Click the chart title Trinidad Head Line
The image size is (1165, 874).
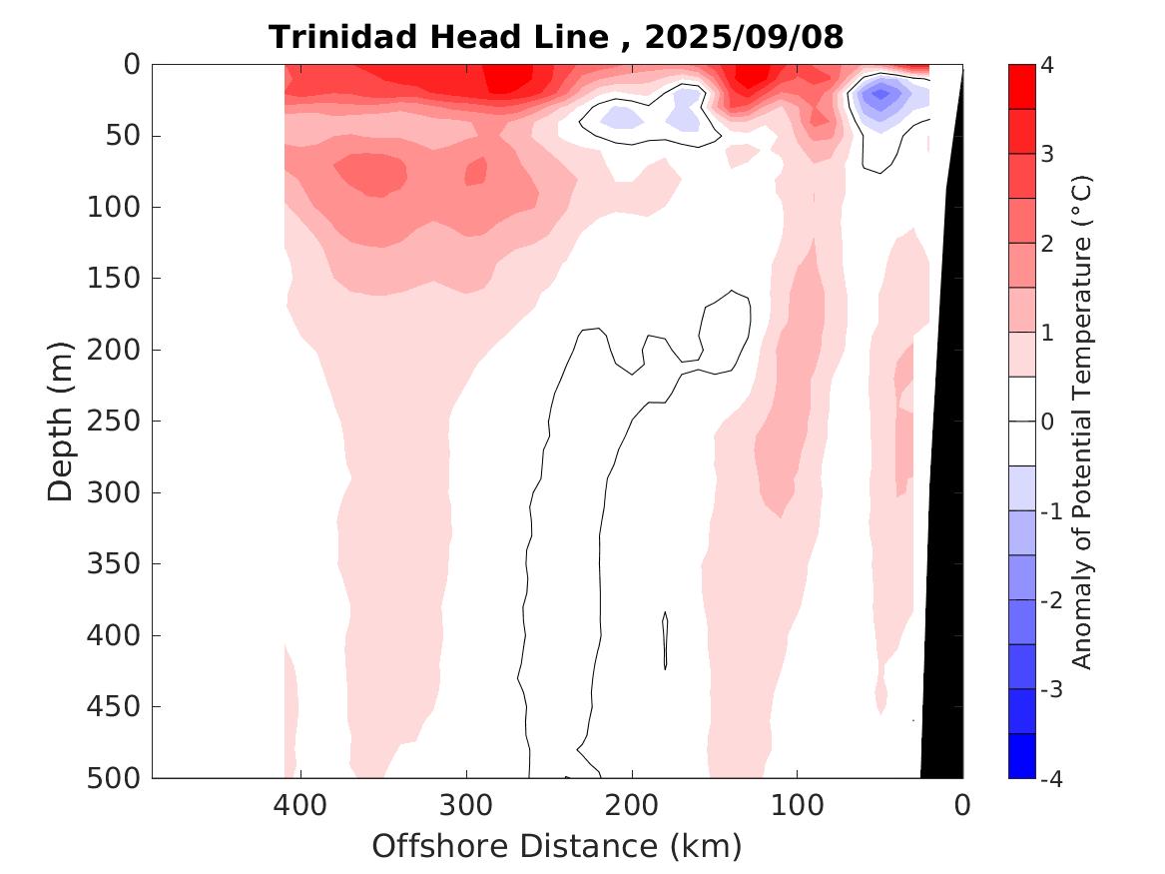coord(438,37)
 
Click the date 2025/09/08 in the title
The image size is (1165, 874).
coord(745,37)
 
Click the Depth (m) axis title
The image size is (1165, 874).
coord(62,421)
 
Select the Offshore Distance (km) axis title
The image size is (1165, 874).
coord(557,847)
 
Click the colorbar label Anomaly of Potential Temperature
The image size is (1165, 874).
coord(1083,421)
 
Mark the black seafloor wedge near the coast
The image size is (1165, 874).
coord(943,599)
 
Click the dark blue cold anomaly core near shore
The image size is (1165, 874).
coord(880,96)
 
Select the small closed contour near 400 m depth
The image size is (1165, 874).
coord(665,640)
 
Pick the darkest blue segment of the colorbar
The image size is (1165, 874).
coord(1021,755)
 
